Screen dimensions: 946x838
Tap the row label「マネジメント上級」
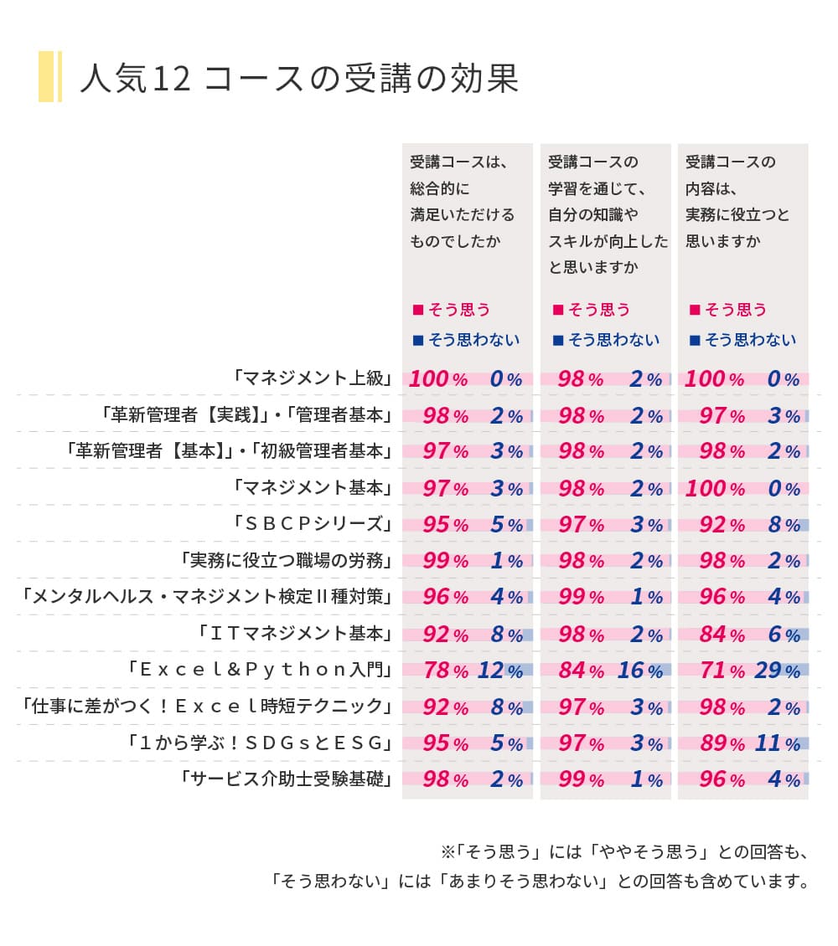pyautogui.click(x=313, y=378)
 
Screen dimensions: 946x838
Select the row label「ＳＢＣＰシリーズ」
pyautogui.click(x=313, y=524)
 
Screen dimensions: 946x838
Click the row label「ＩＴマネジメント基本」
pyautogui.click(x=294, y=634)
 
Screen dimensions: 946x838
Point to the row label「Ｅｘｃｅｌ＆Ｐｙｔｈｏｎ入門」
pyautogui.click(x=260, y=670)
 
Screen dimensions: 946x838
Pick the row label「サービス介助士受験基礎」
pyautogui.click(x=286, y=779)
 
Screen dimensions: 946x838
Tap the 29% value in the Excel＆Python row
pyautogui.click(x=775, y=671)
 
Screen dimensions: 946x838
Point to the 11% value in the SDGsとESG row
pyautogui.click(x=775, y=743)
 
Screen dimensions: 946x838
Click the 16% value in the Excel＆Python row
pyautogui.click(x=638, y=671)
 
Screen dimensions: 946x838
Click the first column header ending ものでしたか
pyautogui.click(x=462, y=202)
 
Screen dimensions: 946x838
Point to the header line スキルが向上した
pyautogui.click(x=608, y=241)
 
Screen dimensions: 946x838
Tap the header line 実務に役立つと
pyautogui.click(x=737, y=215)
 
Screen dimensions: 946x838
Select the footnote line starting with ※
pyautogui.click(x=623, y=853)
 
